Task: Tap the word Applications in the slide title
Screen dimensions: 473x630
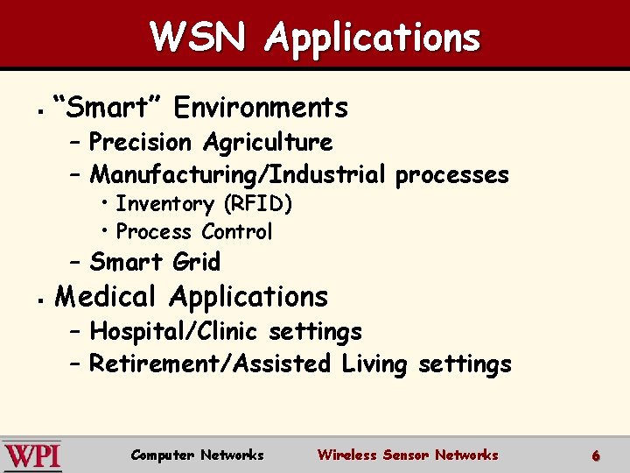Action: click(373, 38)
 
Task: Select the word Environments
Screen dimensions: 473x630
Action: click(261, 108)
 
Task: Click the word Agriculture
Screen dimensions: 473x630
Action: click(268, 142)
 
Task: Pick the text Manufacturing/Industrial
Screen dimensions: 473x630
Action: click(237, 174)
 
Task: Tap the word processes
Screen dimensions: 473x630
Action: click(451, 174)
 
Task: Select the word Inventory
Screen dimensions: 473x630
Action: click(165, 204)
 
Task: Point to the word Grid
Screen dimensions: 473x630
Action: click(197, 262)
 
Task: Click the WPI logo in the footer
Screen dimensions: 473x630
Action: click(32, 455)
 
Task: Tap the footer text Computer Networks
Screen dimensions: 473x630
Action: click(197, 455)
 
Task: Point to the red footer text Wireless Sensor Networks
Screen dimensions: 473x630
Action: click(408, 455)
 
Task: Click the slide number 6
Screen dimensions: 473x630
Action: click(595, 455)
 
